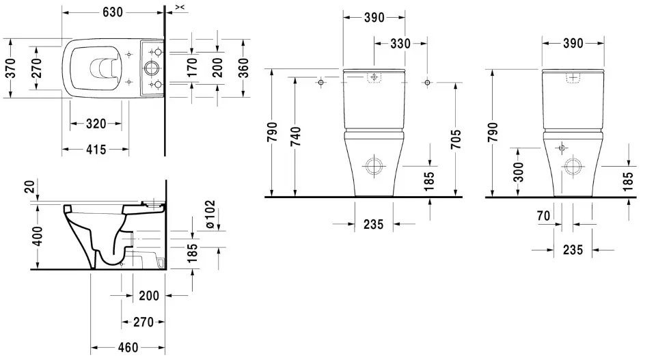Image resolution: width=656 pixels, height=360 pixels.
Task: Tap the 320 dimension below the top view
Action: (96, 124)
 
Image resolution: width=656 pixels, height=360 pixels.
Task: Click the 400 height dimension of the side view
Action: (38, 236)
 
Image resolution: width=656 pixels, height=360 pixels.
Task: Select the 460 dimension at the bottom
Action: (128, 348)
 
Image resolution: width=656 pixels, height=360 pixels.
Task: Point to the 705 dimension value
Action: (456, 139)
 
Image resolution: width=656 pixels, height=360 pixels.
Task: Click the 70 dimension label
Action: (543, 217)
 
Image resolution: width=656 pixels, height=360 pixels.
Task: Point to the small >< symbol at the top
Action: (179, 7)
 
